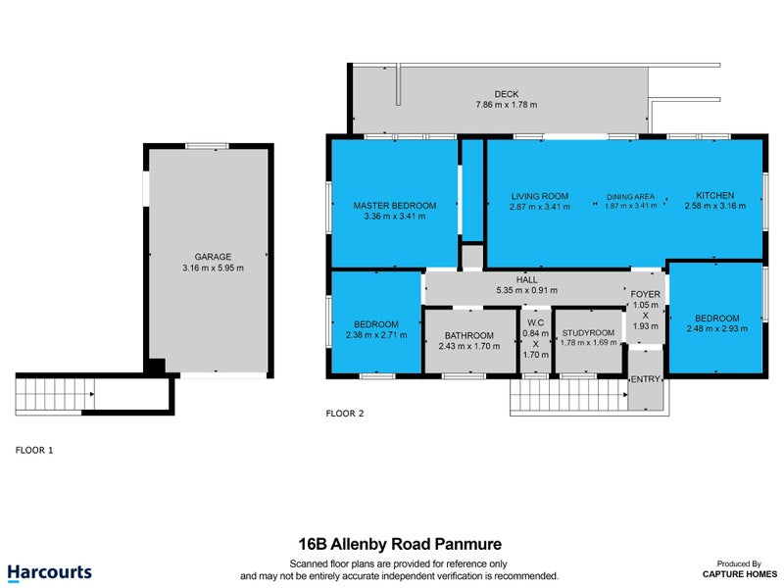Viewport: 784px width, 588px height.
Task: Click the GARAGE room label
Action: [213, 257]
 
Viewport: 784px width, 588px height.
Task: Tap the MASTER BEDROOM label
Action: [394, 206]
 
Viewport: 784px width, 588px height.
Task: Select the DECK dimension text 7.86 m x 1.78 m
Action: [507, 105]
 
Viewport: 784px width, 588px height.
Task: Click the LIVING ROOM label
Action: [539, 196]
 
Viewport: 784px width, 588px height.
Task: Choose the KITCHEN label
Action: [714, 195]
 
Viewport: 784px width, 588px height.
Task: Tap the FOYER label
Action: [645, 293]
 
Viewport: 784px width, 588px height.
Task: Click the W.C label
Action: [535, 323]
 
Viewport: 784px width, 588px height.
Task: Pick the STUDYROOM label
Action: [588, 332]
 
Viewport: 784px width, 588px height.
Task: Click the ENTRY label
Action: [645, 379]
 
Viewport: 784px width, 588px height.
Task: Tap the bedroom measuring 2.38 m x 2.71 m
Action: [376, 324]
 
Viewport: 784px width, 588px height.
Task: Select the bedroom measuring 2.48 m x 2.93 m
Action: [717, 318]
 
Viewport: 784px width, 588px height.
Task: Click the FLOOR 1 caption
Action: [35, 450]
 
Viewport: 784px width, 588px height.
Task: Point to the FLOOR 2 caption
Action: [345, 414]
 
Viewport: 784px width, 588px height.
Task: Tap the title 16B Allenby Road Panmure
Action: [400, 543]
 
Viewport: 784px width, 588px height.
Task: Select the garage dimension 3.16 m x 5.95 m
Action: [213, 268]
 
